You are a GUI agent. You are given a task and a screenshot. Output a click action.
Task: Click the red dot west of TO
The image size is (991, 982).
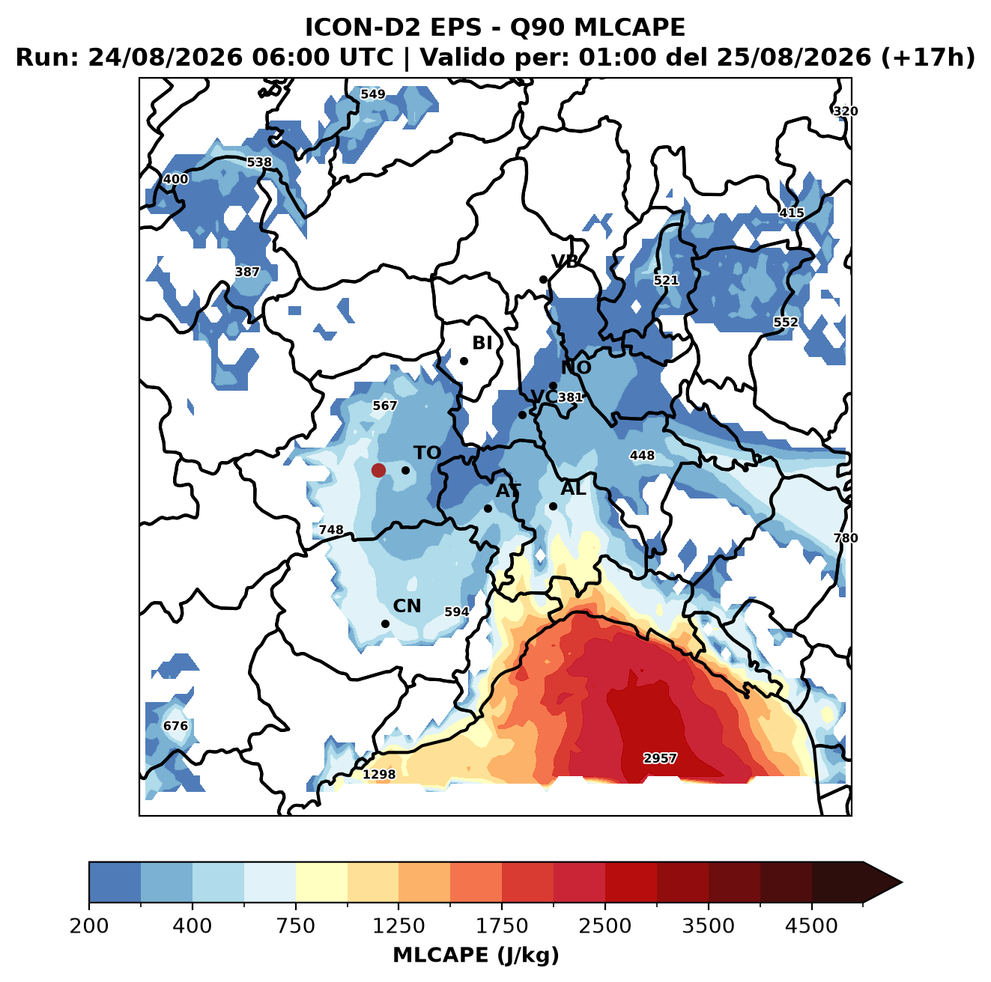click(378, 470)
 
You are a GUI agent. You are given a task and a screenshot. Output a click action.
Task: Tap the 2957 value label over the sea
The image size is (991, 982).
click(660, 758)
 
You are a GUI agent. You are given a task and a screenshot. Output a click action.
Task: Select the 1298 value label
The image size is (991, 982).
click(379, 774)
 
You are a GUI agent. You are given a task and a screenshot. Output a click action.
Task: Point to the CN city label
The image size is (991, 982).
click(407, 606)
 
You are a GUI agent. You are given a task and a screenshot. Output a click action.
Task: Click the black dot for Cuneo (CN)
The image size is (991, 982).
click(385, 623)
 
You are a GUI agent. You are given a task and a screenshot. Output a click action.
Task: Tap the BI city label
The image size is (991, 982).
click(482, 343)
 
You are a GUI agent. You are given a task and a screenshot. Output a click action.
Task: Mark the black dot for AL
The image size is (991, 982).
click(553, 506)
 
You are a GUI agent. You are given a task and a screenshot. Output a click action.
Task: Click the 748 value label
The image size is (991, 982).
click(331, 529)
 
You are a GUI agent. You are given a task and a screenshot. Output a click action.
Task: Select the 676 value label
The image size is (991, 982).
click(175, 725)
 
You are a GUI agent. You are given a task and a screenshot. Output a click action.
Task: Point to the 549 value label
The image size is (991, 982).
click(373, 94)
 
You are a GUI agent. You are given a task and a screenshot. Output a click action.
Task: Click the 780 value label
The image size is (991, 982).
click(846, 537)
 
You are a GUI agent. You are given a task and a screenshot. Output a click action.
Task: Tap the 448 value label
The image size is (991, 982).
click(643, 455)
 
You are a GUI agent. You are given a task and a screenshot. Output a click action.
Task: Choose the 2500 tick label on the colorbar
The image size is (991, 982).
click(604, 926)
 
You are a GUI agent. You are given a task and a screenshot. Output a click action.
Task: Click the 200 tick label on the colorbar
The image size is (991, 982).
click(89, 926)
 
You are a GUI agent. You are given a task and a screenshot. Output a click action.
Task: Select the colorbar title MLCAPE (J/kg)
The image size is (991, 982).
click(476, 955)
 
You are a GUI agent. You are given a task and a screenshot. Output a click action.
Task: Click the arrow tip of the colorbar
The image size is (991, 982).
click(903, 883)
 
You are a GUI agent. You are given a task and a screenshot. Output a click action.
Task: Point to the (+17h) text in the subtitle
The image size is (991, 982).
click(928, 58)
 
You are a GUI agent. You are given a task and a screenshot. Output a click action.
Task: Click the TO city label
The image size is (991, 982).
click(428, 453)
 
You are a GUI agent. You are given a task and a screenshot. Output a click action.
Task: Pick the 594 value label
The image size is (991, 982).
click(457, 612)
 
